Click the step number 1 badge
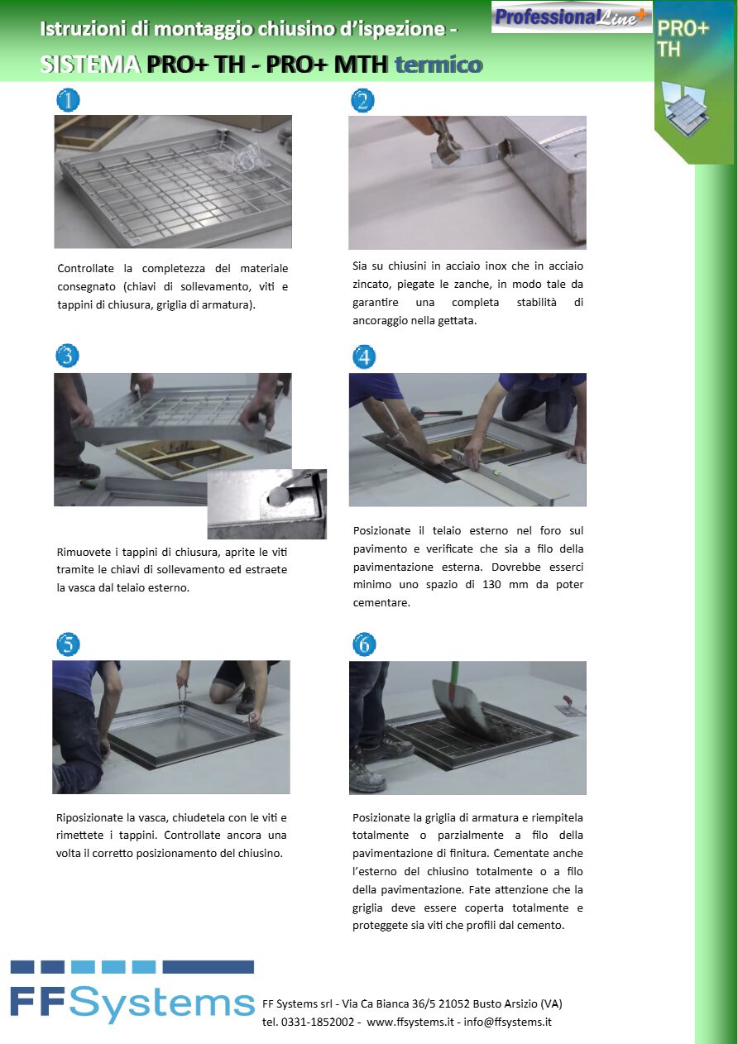pyautogui.click(x=68, y=100)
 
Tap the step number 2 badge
pyautogui.click(x=362, y=100)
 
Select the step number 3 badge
pyautogui.click(x=68, y=356)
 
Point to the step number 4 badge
pyautogui.click(x=363, y=357)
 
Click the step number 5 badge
pyautogui.click(x=68, y=644)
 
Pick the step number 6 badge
pyautogui.click(x=363, y=644)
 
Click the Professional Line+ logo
pyautogui.click(x=571, y=17)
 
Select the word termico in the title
pyautogui.click(x=438, y=65)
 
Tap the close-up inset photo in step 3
pyautogui.click(x=266, y=504)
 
